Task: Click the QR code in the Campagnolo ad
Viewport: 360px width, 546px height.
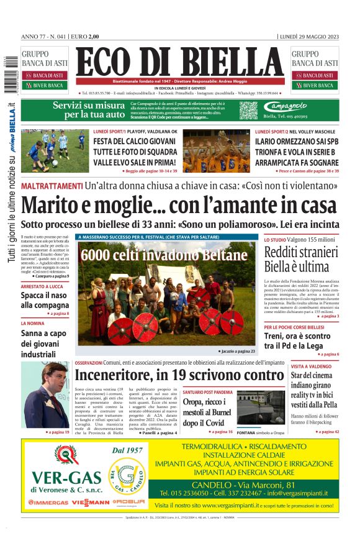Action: coord(248,111)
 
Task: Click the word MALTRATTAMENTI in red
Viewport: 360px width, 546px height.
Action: coord(51,186)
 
